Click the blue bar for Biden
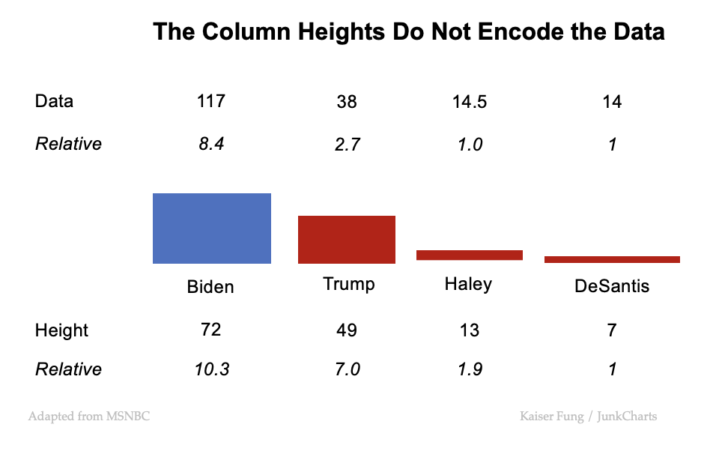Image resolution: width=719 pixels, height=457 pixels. click(x=212, y=228)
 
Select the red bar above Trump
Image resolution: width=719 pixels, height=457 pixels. click(x=347, y=240)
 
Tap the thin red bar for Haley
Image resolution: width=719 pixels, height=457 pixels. click(x=469, y=255)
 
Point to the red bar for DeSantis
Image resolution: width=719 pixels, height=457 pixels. click(x=612, y=259)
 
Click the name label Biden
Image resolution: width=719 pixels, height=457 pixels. click(x=210, y=287)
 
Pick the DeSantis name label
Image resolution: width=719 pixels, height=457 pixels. click(x=612, y=286)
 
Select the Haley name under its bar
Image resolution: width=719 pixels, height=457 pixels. click(x=468, y=284)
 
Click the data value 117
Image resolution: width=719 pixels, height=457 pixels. click(x=210, y=101)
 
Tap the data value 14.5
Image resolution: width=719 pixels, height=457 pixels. click(x=470, y=102)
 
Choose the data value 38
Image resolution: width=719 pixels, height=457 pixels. click(x=347, y=102)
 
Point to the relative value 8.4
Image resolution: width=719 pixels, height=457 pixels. click(x=210, y=144)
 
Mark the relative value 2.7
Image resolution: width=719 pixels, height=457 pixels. click(x=347, y=145)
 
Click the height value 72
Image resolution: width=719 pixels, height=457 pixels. click(x=210, y=330)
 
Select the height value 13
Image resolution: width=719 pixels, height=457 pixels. click(x=470, y=331)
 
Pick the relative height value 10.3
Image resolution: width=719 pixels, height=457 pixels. click(x=210, y=369)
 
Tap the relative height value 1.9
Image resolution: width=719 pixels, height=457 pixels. click(x=470, y=369)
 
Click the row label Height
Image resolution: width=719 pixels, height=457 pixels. click(x=61, y=331)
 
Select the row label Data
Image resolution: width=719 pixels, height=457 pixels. click(x=54, y=101)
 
